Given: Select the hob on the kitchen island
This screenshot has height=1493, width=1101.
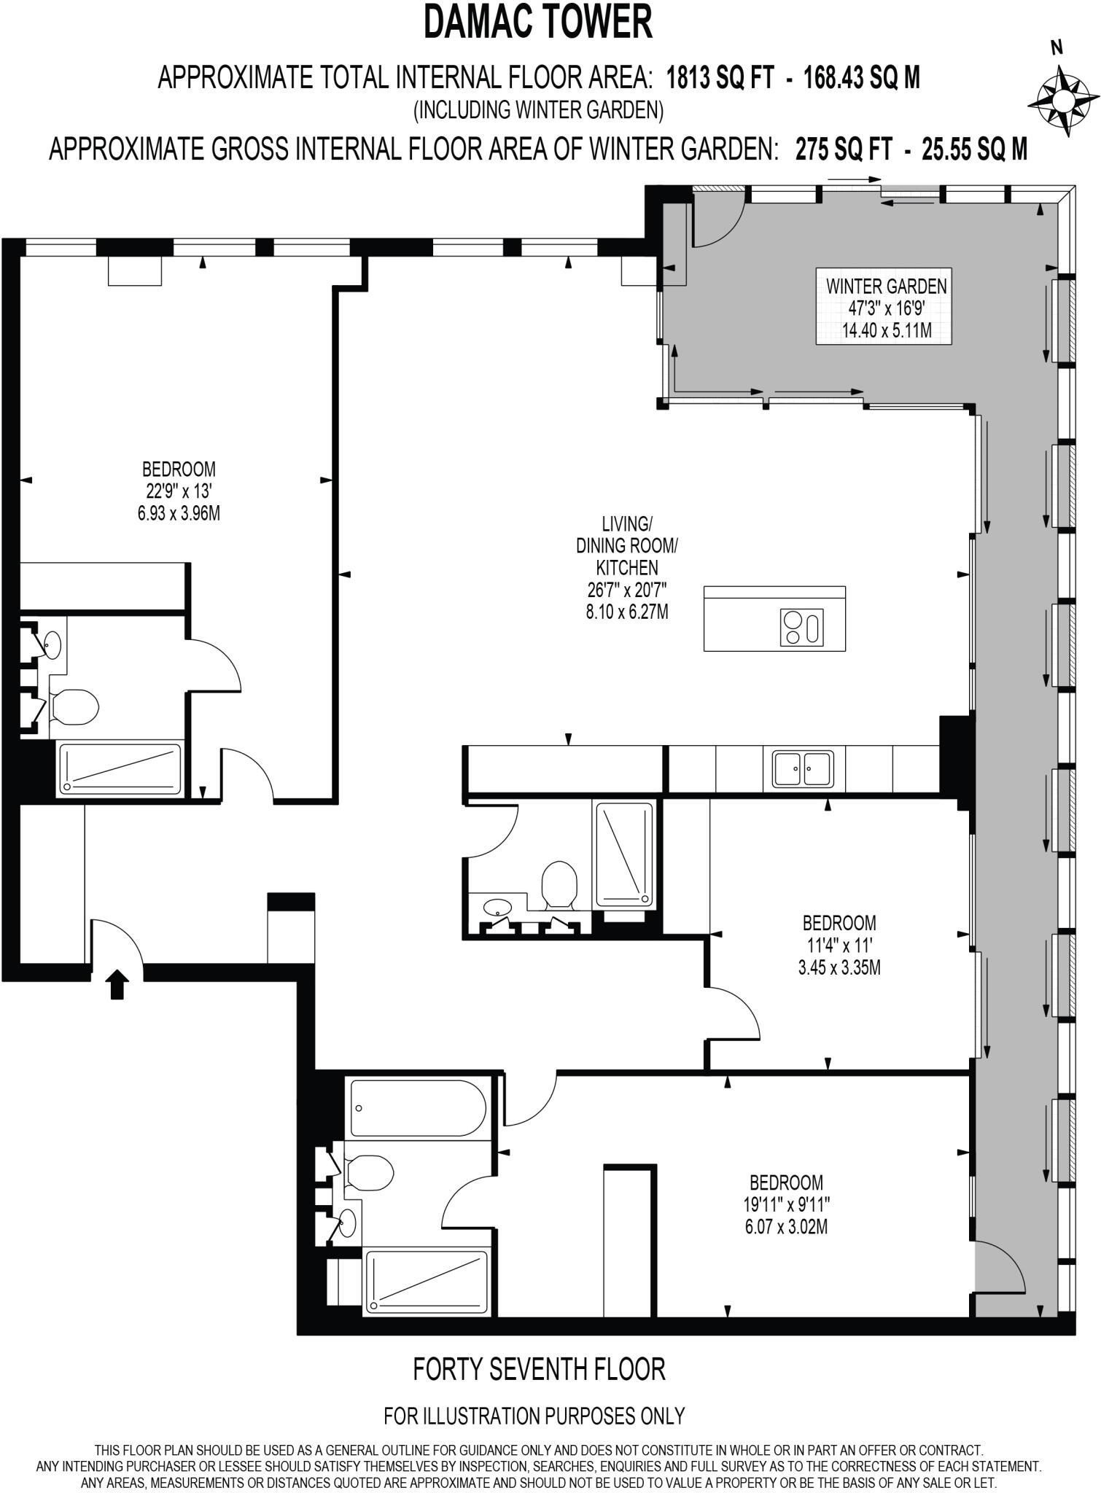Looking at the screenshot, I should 802,627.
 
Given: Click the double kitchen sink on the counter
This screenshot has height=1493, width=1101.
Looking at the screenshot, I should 803,769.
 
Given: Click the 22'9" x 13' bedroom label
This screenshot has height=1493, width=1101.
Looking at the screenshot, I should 179,491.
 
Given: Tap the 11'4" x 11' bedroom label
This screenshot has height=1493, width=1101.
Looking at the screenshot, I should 839,946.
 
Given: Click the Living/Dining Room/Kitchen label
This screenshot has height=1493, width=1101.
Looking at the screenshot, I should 627,567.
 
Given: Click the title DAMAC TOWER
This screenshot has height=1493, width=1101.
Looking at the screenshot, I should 539,22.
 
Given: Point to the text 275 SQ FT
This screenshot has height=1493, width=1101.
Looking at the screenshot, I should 844,149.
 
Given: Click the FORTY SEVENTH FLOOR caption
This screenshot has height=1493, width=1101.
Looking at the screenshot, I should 539,1369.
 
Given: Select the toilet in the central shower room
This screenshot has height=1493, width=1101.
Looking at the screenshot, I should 559,884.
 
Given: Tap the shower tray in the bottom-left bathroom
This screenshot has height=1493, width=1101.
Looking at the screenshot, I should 427,1282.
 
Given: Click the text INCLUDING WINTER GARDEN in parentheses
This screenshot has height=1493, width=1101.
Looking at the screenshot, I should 539,111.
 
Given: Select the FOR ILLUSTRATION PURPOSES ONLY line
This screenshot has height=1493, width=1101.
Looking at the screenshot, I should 534,1416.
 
